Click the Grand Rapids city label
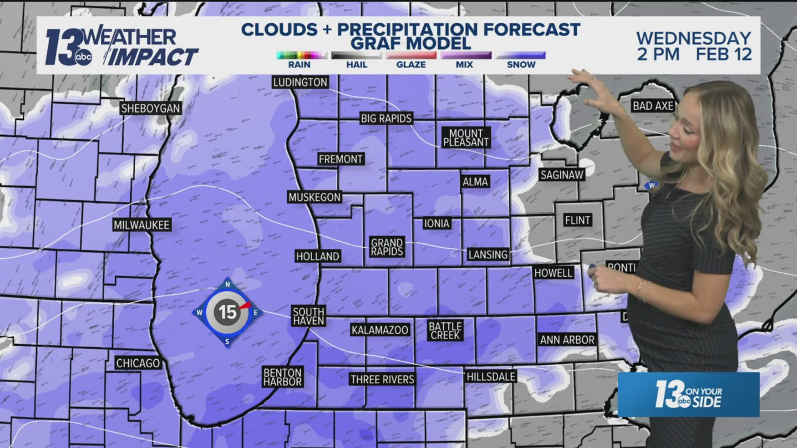click(x=387, y=247)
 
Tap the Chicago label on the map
click(x=138, y=363)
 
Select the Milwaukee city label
click(x=142, y=225)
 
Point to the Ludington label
click(x=300, y=82)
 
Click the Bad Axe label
click(x=653, y=106)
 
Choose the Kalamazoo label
click(x=380, y=330)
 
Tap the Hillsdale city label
click(x=491, y=377)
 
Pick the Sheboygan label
click(x=150, y=109)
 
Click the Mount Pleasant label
click(x=466, y=138)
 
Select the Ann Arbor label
click(x=567, y=340)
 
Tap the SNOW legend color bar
click(x=521, y=56)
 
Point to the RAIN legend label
click(x=299, y=65)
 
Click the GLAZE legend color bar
click(x=411, y=56)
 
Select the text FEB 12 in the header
click(x=724, y=54)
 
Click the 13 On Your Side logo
click(x=688, y=394)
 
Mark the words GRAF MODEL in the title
click(x=411, y=43)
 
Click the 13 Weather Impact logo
click(x=120, y=46)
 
